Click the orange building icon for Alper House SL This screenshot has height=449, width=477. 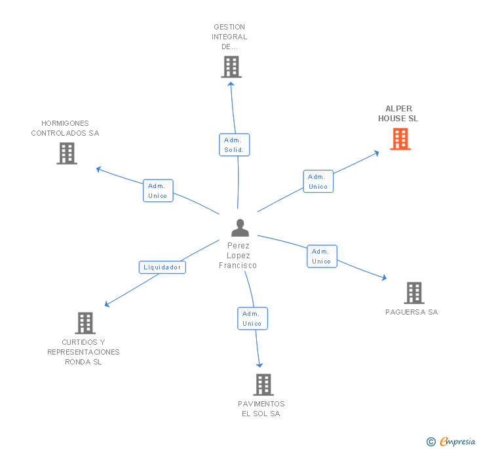click(400, 139)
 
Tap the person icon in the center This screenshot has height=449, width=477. click(240, 228)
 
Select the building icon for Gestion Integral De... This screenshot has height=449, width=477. click(231, 67)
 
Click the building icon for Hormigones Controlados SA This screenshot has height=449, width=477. click(67, 153)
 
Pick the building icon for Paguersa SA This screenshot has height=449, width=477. click(413, 292)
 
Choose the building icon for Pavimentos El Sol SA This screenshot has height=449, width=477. click(263, 384)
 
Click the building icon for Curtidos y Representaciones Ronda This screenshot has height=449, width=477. click(85, 322)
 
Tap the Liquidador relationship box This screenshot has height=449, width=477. click(162, 267)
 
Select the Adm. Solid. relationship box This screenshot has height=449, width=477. click(234, 145)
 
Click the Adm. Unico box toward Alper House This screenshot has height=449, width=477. click(318, 182)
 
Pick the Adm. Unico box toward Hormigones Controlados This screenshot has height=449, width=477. click(158, 191)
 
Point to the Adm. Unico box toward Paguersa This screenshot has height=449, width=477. click(322, 256)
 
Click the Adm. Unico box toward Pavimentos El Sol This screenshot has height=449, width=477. click(252, 319)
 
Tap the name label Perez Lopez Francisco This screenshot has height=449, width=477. click(238, 256)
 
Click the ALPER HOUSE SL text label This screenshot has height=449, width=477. click(398, 114)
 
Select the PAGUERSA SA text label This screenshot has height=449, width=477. click(411, 312)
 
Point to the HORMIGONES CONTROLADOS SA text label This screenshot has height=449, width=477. click(65, 128)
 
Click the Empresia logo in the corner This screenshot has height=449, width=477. click(451, 441)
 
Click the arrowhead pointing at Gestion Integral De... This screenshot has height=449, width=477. click(231, 83)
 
